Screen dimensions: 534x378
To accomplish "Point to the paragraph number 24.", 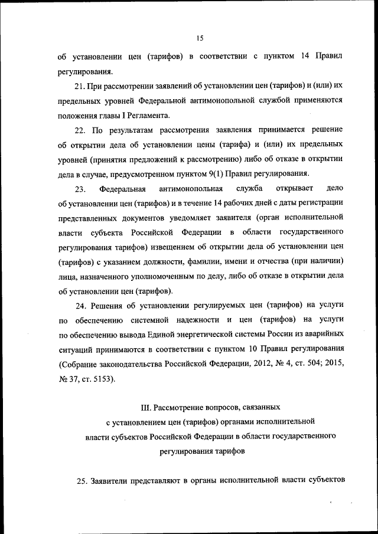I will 81,304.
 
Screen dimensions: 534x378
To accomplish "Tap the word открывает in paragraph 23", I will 294,189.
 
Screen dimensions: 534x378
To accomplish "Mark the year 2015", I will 333,363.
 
